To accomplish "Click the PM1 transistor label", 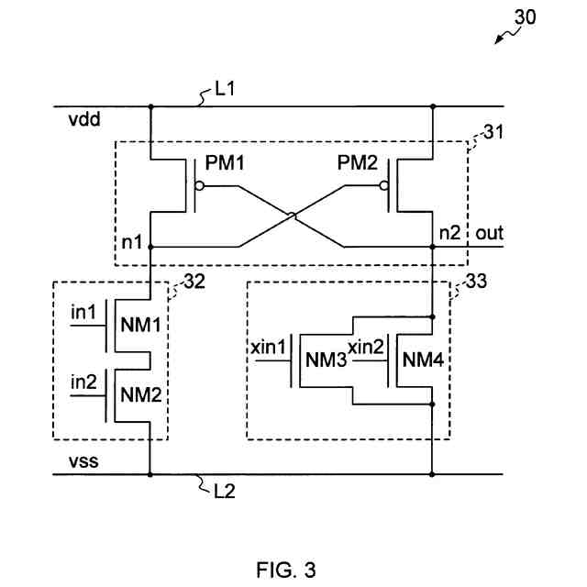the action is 225,163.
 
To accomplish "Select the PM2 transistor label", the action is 357,163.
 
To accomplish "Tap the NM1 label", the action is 140,325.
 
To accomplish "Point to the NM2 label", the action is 140,394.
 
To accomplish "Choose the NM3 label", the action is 327,360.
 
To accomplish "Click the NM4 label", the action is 423,360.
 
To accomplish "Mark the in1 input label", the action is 83,312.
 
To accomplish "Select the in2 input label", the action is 83,382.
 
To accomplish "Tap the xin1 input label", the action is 268,348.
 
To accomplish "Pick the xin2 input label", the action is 366,347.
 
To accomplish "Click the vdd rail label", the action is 84,120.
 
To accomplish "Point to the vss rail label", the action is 83,461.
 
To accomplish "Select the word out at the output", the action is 489,233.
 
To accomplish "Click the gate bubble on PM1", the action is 200,185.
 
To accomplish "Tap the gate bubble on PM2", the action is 383,185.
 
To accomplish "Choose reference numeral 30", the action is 525,17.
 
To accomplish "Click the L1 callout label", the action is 225,89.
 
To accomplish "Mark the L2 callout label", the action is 225,492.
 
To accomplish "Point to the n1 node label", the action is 132,242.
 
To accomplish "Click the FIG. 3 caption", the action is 286,570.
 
